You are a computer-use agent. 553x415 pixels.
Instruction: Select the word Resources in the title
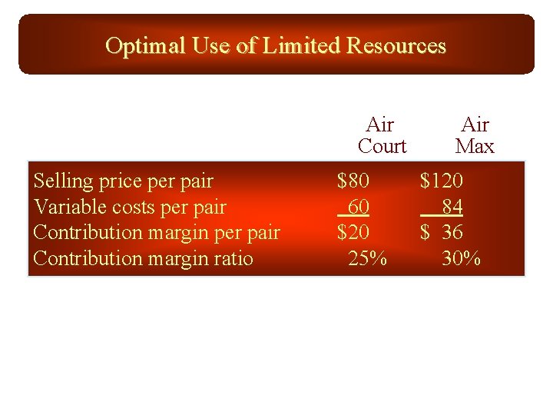click(x=396, y=46)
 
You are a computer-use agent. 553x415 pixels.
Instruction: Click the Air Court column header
click(x=382, y=135)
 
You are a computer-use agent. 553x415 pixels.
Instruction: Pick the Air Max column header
click(x=475, y=135)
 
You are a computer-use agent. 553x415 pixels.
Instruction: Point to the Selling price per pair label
click(x=124, y=181)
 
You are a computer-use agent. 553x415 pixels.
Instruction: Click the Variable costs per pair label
click(x=130, y=207)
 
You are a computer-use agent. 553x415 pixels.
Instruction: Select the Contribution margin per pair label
click(x=157, y=233)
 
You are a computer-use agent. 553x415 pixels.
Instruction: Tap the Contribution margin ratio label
click(x=143, y=258)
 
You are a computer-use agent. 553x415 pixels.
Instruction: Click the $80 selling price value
click(x=353, y=181)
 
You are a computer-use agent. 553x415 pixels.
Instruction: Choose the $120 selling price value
click(x=441, y=181)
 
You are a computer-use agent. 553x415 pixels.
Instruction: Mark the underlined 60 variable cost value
click(x=358, y=207)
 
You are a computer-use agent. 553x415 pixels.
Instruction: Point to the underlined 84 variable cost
click(x=452, y=207)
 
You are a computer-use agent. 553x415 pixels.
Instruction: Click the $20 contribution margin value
click(x=353, y=233)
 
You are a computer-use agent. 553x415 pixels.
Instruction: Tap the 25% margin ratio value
click(x=367, y=258)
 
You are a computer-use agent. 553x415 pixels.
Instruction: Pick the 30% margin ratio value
click(x=461, y=258)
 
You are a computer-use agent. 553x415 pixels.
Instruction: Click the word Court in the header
click(x=382, y=146)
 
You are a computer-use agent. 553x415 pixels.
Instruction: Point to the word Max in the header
click(x=475, y=146)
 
